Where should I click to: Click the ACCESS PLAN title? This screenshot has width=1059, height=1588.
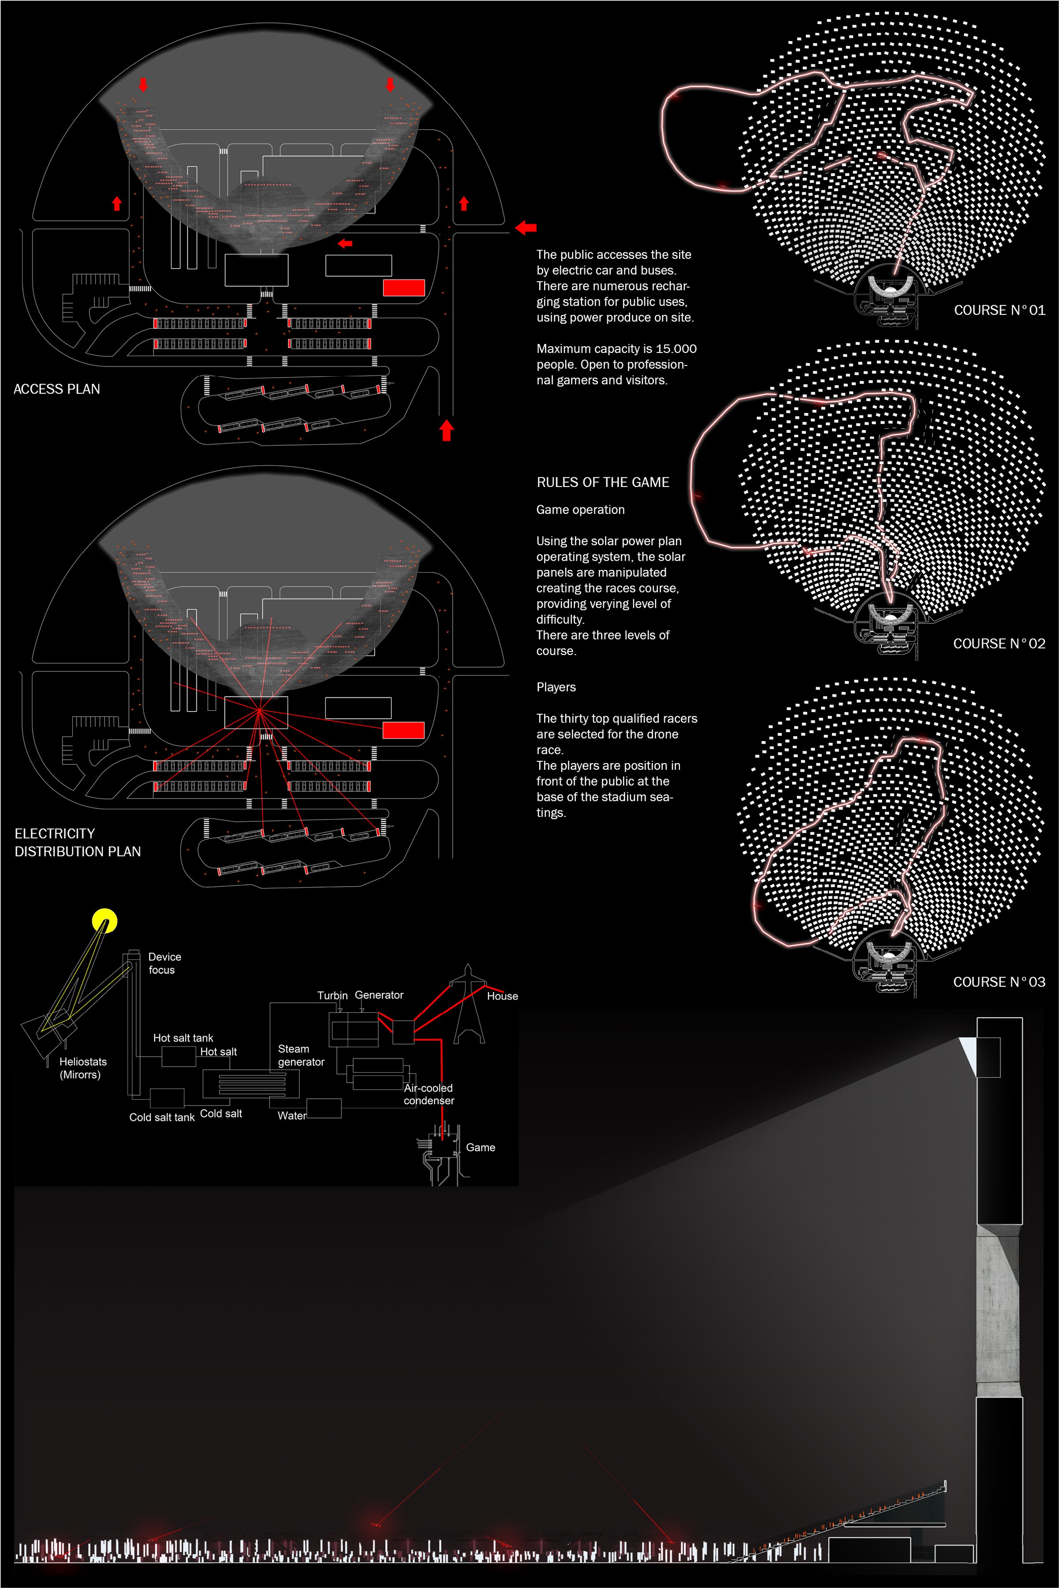[x=57, y=389]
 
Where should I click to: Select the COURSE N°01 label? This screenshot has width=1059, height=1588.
[x=999, y=310]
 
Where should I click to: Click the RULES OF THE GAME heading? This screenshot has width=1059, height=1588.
[x=602, y=482]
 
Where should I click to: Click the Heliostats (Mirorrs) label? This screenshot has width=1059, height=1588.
[x=83, y=1067]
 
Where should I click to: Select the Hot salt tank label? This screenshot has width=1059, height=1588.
[x=183, y=1038]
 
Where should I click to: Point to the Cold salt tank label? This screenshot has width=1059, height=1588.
[x=162, y=1117]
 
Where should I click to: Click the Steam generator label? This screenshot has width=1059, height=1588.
[x=300, y=1055]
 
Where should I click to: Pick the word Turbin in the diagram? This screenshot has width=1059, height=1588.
[x=332, y=995]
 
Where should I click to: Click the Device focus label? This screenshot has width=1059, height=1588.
[x=164, y=963]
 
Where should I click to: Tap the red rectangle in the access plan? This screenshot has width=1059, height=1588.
[x=404, y=288]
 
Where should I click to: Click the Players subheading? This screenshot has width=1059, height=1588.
[x=556, y=687]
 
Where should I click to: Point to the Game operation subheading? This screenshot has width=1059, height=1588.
[x=580, y=510]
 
